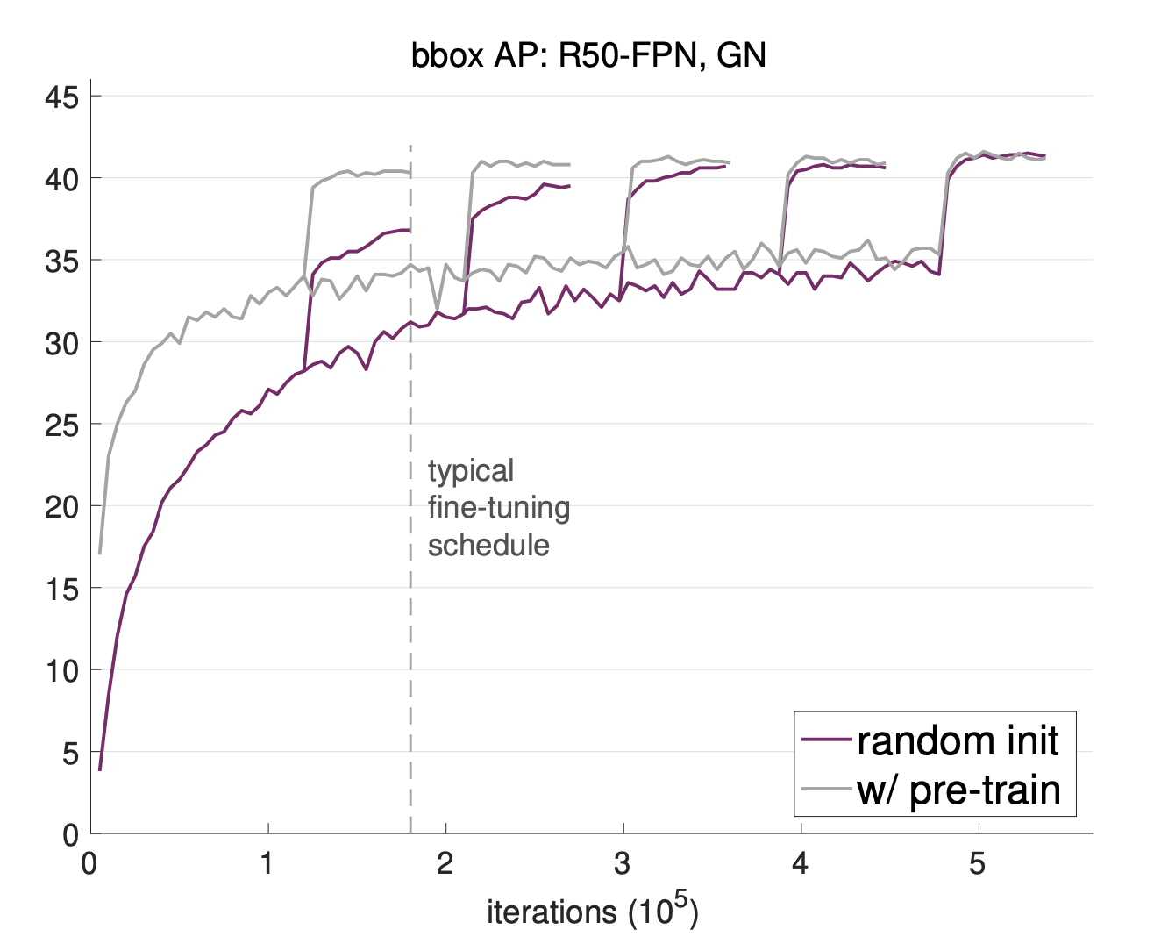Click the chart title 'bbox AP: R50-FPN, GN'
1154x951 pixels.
point(588,56)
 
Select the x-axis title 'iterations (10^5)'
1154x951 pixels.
point(592,912)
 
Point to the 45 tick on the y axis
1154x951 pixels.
point(61,97)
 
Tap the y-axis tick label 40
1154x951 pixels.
point(61,178)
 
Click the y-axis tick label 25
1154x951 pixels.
point(61,425)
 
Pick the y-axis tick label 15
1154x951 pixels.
point(61,589)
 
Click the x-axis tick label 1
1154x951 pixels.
point(267,864)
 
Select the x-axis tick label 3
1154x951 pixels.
point(622,864)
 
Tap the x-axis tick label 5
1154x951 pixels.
point(977,864)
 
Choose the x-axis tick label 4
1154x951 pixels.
point(800,864)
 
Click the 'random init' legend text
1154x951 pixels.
point(958,741)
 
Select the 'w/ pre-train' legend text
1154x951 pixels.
point(958,790)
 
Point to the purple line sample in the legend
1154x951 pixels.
point(826,741)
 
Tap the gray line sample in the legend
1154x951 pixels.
point(826,790)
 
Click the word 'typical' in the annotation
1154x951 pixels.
point(471,472)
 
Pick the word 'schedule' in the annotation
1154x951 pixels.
point(488,545)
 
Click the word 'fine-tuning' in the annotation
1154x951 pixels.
point(499,508)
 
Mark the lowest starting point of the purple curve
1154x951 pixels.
point(100,770)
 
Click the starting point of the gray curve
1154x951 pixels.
point(100,554)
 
